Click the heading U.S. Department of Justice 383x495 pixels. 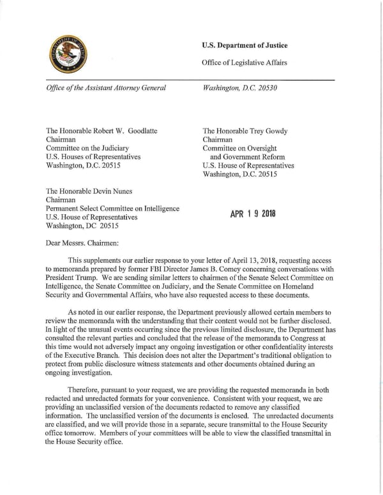244,45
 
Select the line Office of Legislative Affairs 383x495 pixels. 244,62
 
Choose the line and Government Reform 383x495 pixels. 248,156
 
